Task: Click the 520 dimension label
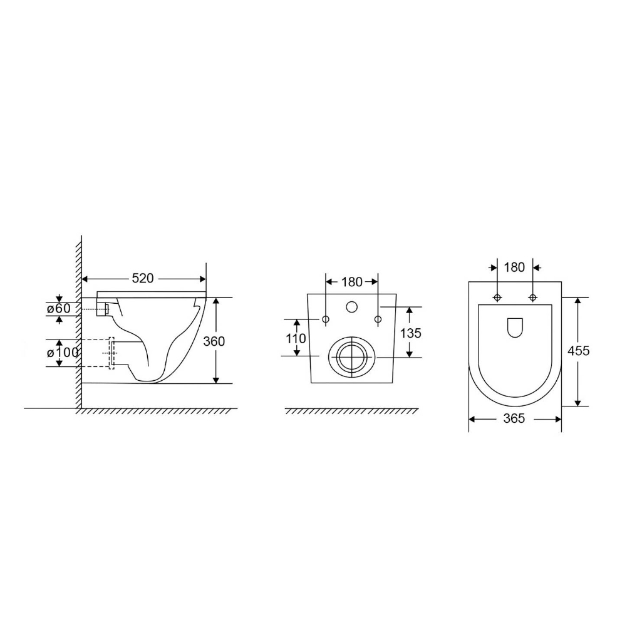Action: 142,279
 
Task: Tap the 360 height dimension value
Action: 214,341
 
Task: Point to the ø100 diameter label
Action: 62,352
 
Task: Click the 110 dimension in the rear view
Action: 296,338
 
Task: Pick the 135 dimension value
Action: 411,333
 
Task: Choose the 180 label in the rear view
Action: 352,282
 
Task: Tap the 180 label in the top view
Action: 514,267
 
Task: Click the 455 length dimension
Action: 579,351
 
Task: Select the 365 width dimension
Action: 514,418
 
